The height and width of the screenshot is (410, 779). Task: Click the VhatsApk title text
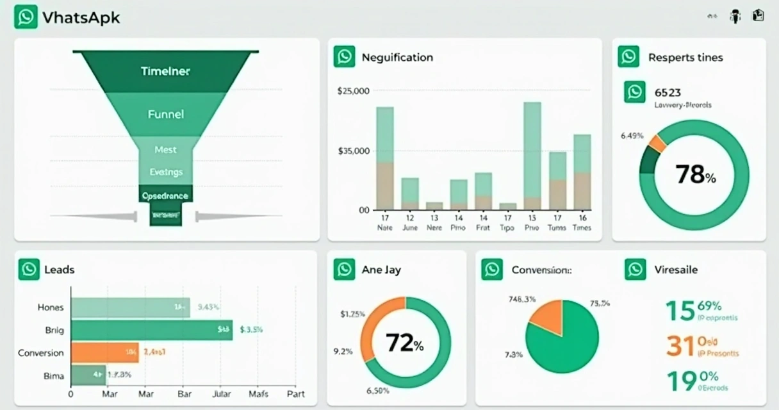coord(81,17)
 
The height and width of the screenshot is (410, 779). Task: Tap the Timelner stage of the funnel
coord(165,71)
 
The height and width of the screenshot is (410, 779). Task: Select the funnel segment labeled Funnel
coord(165,114)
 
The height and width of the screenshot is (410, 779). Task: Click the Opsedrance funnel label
coord(165,195)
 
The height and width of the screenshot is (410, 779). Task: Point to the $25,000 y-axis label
coord(353,91)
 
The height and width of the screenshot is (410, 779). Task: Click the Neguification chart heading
coord(397,57)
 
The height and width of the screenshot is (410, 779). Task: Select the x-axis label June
coord(409,227)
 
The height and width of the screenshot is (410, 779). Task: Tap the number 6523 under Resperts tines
coord(668,92)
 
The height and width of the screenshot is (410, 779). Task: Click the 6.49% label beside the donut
coord(632,135)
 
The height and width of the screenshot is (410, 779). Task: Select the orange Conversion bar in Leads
coord(104,352)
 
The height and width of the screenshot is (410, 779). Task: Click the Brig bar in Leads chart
coord(151,330)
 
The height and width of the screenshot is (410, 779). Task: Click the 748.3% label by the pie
coord(521,299)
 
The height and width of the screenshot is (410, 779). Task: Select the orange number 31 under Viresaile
coord(680,346)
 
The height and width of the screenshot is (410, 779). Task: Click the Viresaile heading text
coord(676,270)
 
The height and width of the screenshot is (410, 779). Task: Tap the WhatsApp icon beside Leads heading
coord(29,270)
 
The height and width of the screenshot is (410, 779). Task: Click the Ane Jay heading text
coord(381,270)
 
